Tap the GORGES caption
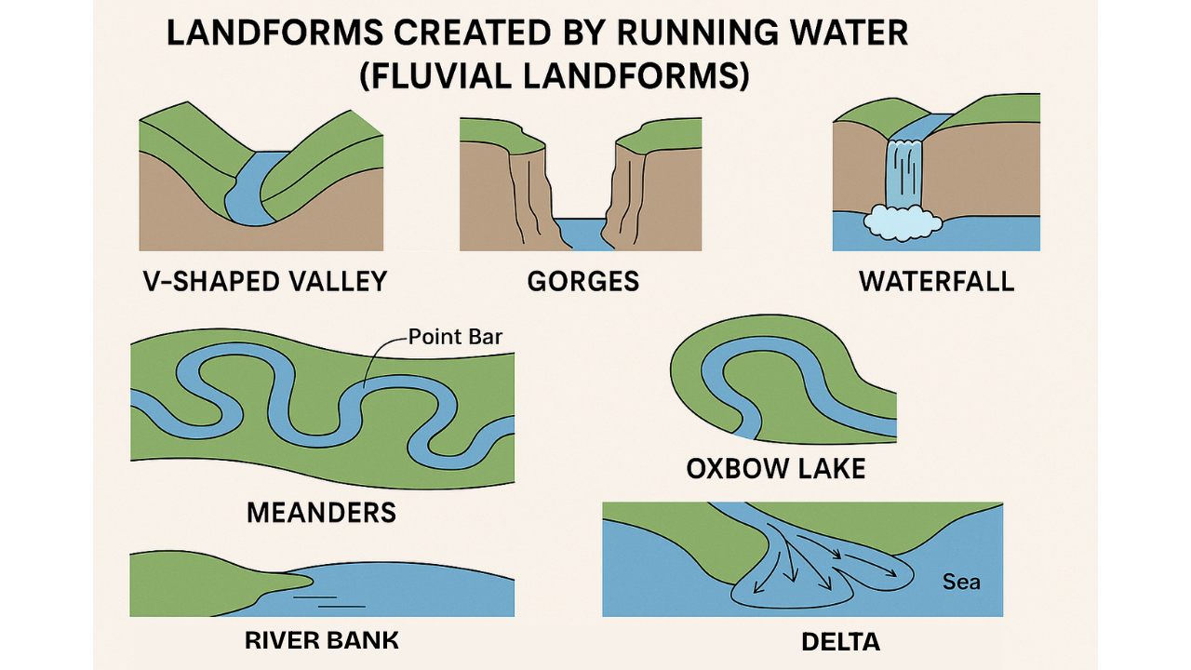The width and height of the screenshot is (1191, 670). pyautogui.click(x=583, y=281)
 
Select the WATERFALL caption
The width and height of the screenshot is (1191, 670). pyautogui.click(x=936, y=281)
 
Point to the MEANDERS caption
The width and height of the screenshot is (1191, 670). pyautogui.click(x=321, y=511)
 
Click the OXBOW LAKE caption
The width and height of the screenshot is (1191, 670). pyautogui.click(x=776, y=467)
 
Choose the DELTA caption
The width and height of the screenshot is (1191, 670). pyautogui.click(x=840, y=641)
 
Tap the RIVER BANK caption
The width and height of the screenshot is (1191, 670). pyautogui.click(x=321, y=639)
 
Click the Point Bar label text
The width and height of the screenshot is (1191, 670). pyautogui.click(x=456, y=336)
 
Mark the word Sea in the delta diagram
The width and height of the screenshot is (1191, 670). pyautogui.click(x=961, y=582)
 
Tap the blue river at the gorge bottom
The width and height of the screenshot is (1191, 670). pyautogui.click(x=583, y=234)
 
